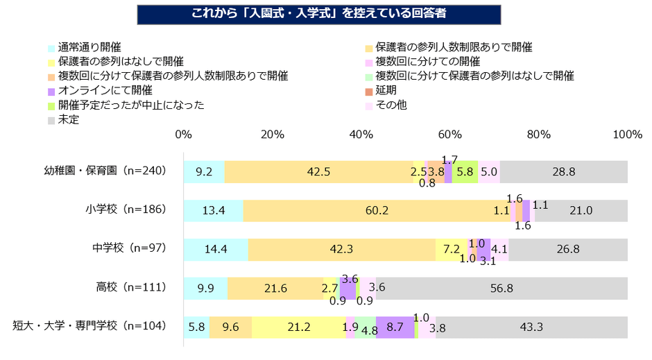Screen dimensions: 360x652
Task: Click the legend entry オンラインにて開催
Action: click(105, 90)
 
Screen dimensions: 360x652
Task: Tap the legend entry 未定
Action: click(69, 119)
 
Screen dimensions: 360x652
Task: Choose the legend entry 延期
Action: click(386, 90)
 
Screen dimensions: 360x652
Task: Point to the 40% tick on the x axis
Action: click(361, 134)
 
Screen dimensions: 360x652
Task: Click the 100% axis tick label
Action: click(628, 134)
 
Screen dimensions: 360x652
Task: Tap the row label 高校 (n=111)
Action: click(129, 288)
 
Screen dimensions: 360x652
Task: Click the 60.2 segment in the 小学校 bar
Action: click(377, 211)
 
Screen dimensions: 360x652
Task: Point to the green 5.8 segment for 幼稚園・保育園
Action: click(465, 172)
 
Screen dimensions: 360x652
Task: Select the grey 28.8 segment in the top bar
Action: click(563, 172)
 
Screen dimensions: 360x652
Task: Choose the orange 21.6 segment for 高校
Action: click(275, 289)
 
